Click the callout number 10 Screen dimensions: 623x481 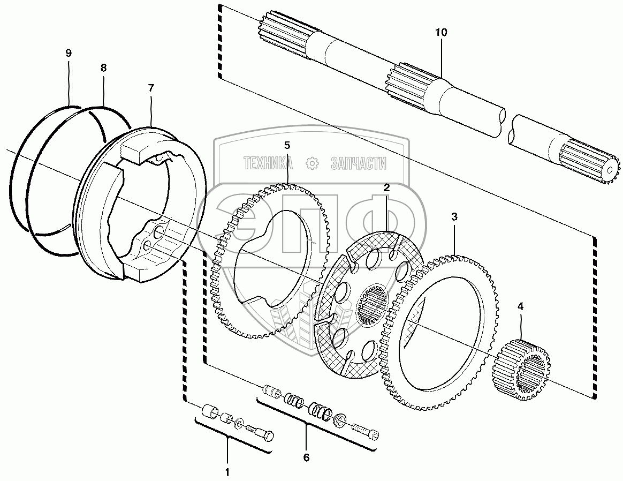441,32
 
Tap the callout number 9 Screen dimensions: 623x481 69,53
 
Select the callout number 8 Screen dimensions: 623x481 103,67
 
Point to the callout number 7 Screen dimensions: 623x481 150,88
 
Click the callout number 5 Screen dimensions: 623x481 287,145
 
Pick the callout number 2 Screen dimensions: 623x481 386,187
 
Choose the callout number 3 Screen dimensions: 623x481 454,216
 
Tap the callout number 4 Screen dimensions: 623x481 520,306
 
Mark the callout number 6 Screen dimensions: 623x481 306,457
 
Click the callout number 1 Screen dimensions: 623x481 227,472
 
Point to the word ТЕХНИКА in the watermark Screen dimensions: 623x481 269,163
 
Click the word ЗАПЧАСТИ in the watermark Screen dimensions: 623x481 359,163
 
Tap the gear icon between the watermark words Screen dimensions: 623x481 312,163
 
